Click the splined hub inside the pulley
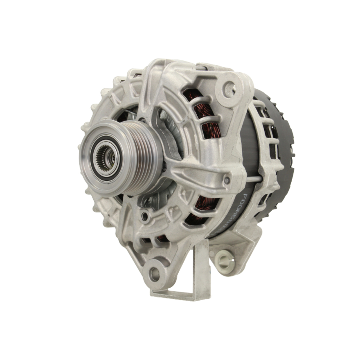[x=105, y=156]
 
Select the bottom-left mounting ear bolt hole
[x=155, y=274]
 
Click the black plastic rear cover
[x=281, y=155]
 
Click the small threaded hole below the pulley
[x=145, y=216]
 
